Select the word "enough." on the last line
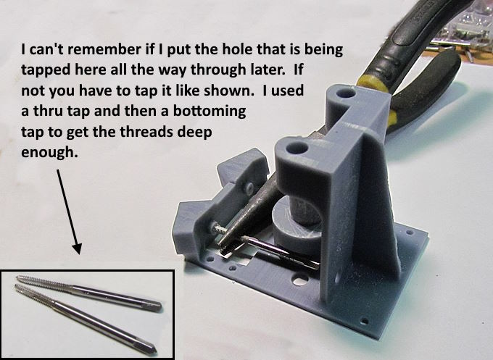[49, 152]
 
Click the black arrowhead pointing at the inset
[77, 248]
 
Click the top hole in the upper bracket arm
[346, 93]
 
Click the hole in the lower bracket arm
[297, 147]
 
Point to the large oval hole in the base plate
[300, 279]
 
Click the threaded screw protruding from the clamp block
[218, 229]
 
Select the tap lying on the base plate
[281, 253]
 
